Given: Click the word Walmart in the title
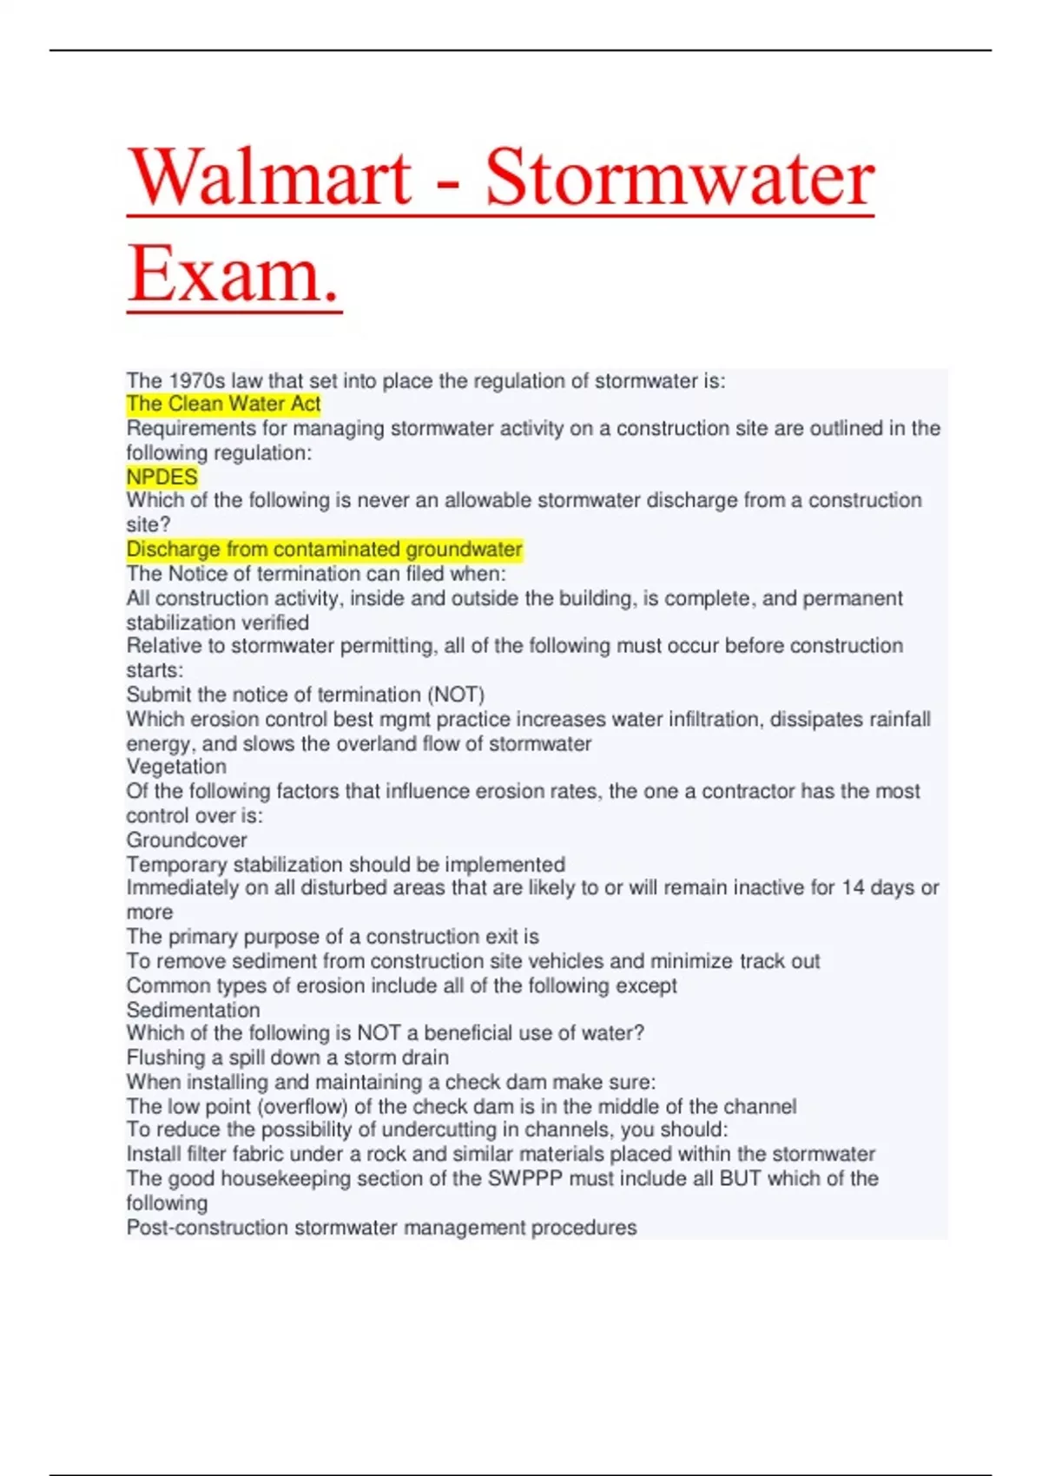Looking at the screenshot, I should tap(269, 177).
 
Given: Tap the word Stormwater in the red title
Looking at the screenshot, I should tap(679, 177).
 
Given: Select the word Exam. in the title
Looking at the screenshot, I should tap(234, 274).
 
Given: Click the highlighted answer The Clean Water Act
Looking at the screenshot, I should tap(223, 404).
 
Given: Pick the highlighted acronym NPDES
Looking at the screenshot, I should tap(162, 477).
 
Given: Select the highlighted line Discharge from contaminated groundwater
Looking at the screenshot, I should tap(324, 550).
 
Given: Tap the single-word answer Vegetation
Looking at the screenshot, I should tap(176, 767).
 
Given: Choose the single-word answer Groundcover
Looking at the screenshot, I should tap(187, 840).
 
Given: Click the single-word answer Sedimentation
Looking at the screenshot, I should tap(193, 1010).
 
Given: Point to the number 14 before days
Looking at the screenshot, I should tap(853, 887).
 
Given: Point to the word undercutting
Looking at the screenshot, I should tap(436, 1130).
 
